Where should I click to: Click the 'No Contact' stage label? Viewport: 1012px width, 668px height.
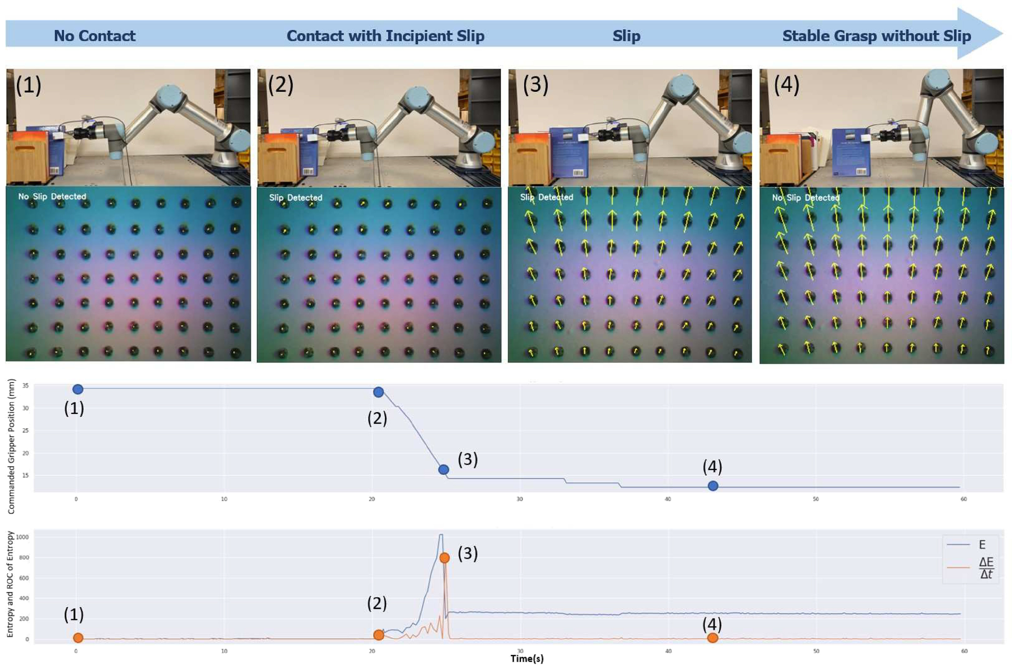tap(95, 36)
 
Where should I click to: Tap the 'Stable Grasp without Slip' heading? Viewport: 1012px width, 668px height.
tap(877, 36)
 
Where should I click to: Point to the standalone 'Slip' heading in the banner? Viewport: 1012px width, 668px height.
tap(626, 36)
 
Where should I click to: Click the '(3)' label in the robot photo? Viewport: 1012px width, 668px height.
tap(536, 85)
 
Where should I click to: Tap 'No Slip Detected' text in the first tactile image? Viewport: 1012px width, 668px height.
tap(52, 197)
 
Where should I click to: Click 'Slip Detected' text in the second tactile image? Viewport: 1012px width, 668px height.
tap(296, 198)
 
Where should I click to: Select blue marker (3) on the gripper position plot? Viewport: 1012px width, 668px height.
tap(444, 470)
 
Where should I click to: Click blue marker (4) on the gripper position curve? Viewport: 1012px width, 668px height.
tap(713, 486)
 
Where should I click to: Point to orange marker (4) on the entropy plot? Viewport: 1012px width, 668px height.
tap(712, 638)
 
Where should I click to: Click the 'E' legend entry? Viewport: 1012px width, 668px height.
tap(982, 544)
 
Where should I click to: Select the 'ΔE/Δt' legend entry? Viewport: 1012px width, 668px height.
tap(986, 568)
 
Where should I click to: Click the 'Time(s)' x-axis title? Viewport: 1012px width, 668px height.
tap(527, 659)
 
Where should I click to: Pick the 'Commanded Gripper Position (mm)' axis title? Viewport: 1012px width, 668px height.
tap(12, 447)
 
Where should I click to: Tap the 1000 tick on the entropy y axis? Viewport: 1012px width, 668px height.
tap(22, 537)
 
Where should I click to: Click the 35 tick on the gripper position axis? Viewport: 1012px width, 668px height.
tap(26, 386)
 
